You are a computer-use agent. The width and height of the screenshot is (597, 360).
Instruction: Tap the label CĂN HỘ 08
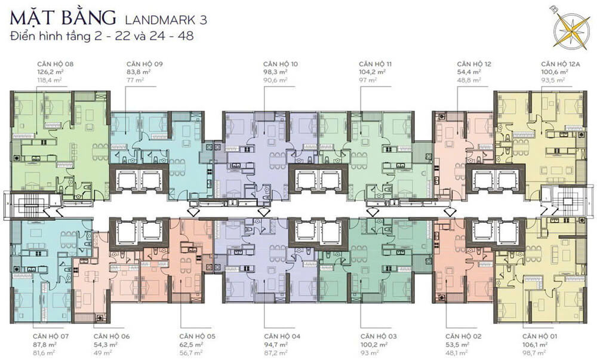tap(55, 64)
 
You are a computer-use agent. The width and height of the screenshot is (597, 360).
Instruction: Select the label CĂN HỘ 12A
tap(561, 64)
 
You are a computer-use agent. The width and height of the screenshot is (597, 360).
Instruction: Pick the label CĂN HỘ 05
tap(197, 336)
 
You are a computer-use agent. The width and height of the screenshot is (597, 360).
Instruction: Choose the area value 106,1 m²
tap(535, 345)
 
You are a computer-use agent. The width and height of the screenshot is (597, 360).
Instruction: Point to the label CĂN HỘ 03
tap(378, 336)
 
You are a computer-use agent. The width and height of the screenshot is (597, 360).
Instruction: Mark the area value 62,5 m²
tap(192, 345)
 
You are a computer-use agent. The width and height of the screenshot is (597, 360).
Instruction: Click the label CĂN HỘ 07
tap(51, 336)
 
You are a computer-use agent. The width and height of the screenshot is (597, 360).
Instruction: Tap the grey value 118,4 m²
tap(50, 80)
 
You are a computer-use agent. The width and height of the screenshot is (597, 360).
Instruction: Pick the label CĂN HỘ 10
tap(281, 64)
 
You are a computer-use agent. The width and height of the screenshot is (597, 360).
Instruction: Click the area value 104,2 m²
tap(373, 72)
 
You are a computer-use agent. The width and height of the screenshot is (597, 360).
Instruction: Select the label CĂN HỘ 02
tap(463, 336)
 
